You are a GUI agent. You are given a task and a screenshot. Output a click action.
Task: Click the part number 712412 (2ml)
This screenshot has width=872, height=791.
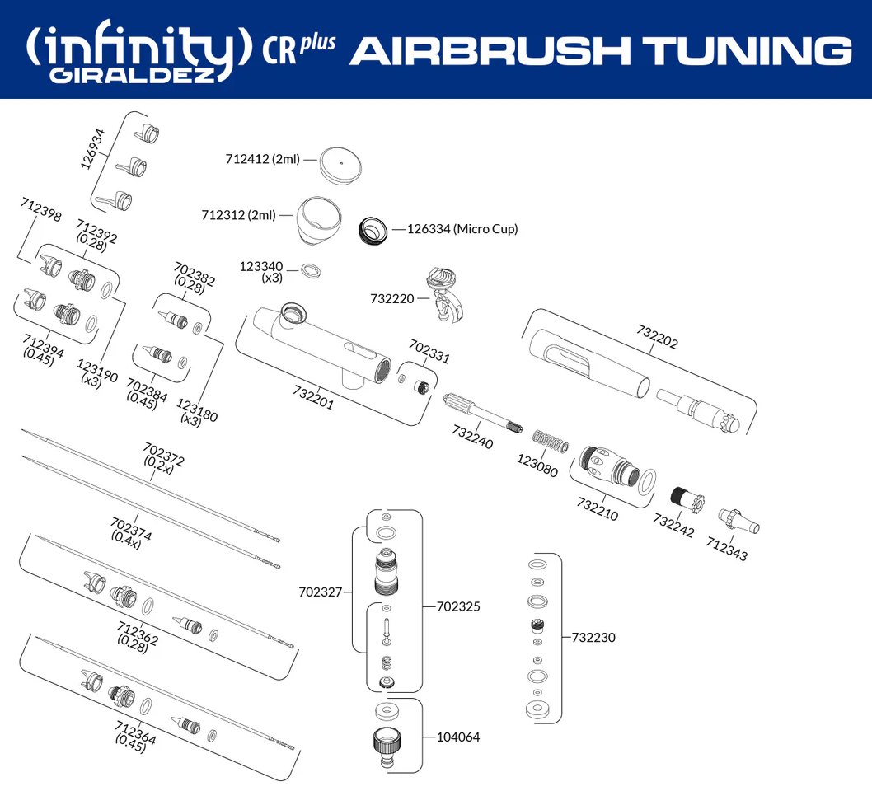pyautogui.click(x=262, y=159)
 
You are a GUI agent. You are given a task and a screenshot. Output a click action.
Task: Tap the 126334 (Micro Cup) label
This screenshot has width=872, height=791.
pyautogui.click(x=462, y=229)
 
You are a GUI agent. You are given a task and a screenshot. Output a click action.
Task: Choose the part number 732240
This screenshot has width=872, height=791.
pyautogui.click(x=471, y=437)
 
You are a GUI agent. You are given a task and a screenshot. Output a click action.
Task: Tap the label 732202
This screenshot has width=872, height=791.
pyautogui.click(x=657, y=335)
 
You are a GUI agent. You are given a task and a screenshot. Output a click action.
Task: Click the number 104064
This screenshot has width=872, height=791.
pyautogui.click(x=458, y=737)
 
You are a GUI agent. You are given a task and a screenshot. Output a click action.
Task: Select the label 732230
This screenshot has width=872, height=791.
pyautogui.click(x=593, y=637)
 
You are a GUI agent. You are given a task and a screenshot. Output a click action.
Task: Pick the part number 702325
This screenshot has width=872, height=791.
pyautogui.click(x=458, y=606)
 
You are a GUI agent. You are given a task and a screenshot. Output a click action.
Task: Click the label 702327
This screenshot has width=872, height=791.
pyautogui.click(x=321, y=591)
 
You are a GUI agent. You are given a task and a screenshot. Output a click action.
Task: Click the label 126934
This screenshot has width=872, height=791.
pyautogui.click(x=93, y=148)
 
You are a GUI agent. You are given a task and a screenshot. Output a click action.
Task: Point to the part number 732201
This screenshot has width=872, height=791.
pyautogui.click(x=313, y=396)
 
